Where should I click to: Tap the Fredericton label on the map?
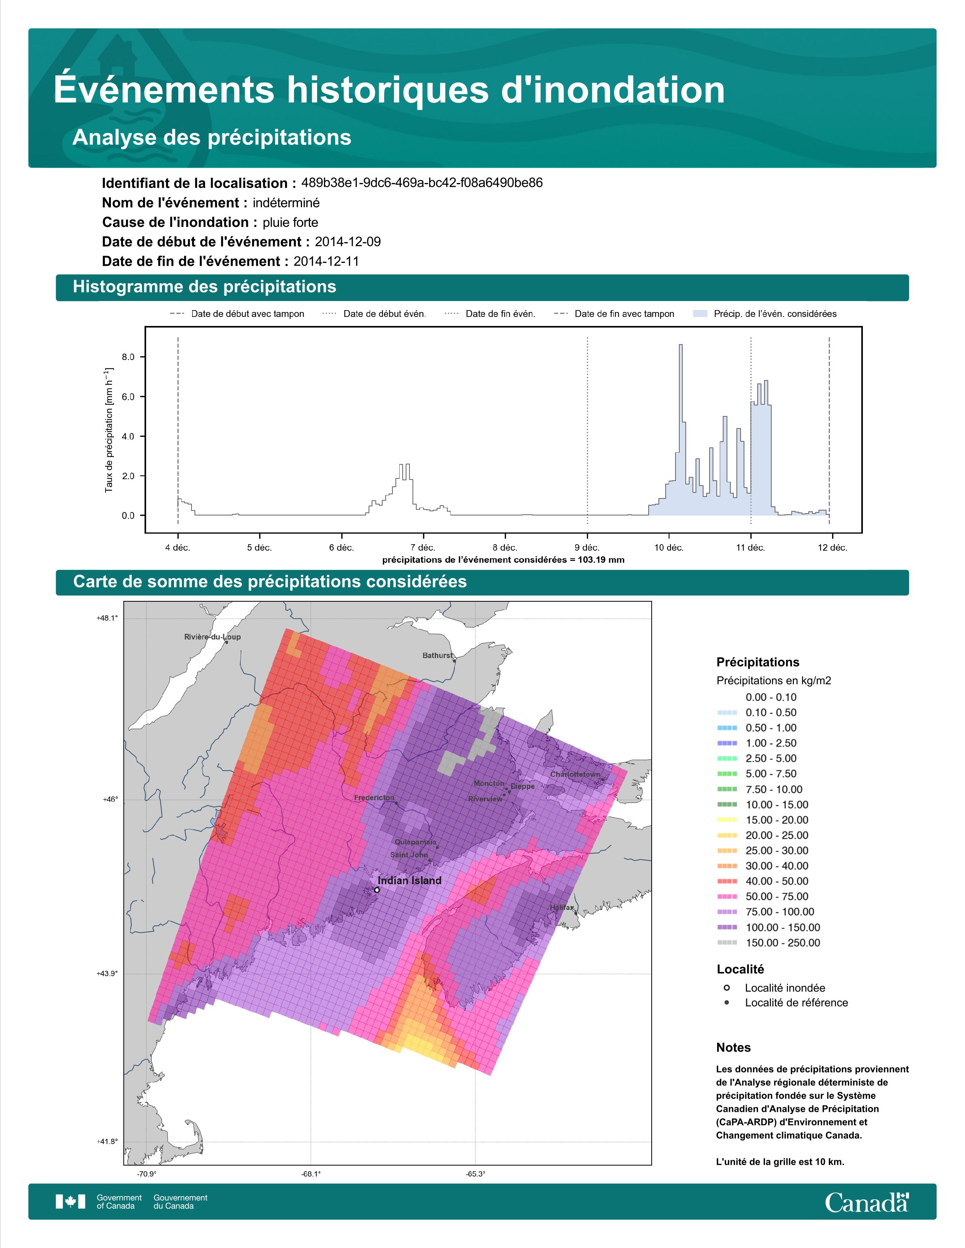click(374, 798)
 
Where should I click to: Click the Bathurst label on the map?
click(437, 655)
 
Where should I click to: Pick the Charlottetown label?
click(575, 774)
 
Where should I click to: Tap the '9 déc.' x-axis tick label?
click(587, 548)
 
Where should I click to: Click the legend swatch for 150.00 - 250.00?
click(727, 943)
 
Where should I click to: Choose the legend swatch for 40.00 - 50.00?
click(727, 881)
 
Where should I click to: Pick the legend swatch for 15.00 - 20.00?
click(727, 820)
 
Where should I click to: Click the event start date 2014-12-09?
click(347, 242)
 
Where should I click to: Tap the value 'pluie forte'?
click(290, 222)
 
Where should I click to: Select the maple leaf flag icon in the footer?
click(70, 1202)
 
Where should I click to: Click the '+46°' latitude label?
click(111, 799)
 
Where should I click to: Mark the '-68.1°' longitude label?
click(311, 1174)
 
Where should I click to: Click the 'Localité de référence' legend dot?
click(727, 1002)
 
